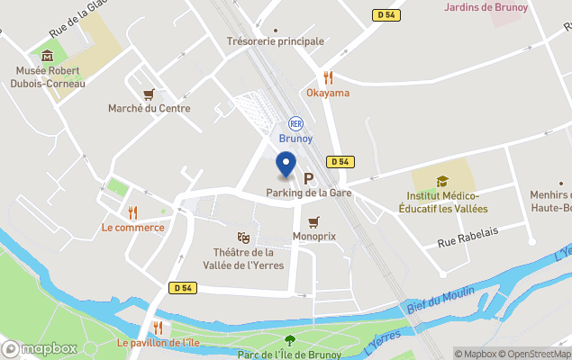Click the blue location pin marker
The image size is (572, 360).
click(286, 165)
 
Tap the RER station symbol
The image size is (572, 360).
click(295, 123)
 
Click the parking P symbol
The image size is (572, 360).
click(308, 178)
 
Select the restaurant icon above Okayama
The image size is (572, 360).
click(328, 77)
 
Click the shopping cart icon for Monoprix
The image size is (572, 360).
click(313, 221)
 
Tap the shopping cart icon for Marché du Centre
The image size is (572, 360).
click(149, 94)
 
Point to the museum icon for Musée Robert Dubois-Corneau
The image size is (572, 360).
click(47, 56)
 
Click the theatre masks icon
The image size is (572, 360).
click(243, 238)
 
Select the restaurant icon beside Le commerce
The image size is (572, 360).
click(133, 212)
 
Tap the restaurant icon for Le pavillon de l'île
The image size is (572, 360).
click(158, 328)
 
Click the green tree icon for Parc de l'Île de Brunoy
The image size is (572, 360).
click(289, 340)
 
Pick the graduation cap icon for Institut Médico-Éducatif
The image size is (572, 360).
click(441, 182)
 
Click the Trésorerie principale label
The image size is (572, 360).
click(275, 41)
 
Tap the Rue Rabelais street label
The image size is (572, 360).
click(468, 242)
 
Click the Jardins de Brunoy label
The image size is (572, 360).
click(486, 7)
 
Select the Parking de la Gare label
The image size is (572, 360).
click(308, 193)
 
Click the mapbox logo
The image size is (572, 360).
click(40, 348)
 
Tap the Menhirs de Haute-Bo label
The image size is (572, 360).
click(550, 202)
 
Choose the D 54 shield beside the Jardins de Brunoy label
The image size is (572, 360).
click(386, 15)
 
